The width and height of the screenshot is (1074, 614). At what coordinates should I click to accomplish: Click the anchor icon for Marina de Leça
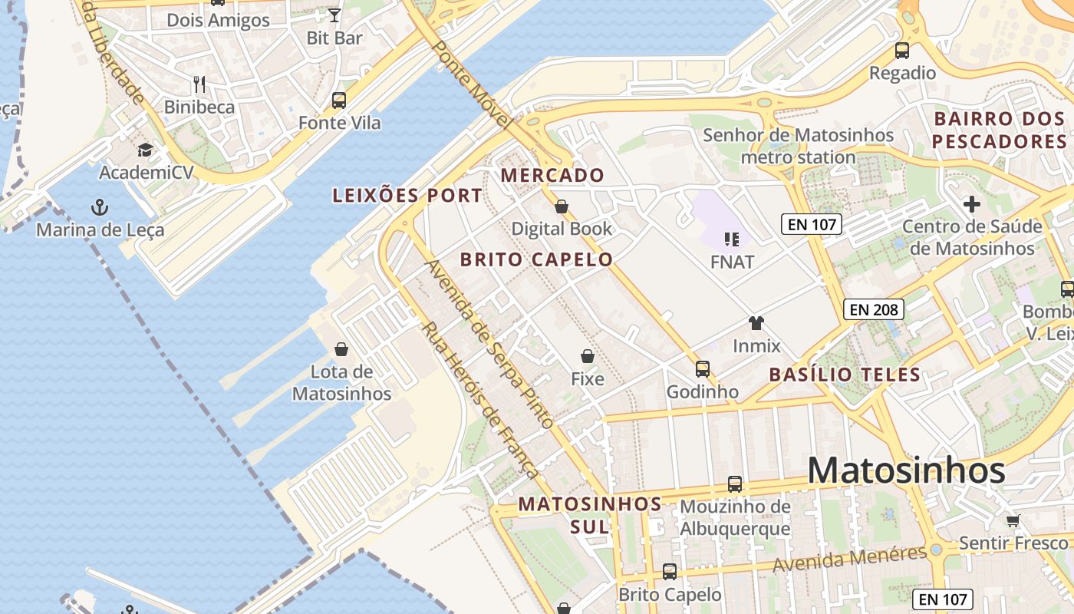click(99, 206)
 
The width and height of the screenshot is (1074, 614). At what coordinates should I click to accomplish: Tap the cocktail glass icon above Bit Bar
click(334, 15)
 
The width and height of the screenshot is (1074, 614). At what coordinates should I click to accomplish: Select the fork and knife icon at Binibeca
click(199, 84)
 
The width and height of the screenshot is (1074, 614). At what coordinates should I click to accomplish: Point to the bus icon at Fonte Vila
click(339, 100)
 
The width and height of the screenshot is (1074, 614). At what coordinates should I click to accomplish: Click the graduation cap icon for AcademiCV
click(146, 150)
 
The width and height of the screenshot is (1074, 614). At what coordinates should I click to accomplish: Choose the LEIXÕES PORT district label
click(407, 196)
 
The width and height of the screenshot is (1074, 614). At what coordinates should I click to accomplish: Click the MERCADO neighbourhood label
click(552, 176)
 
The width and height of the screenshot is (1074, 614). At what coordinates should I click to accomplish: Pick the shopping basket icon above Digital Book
click(562, 206)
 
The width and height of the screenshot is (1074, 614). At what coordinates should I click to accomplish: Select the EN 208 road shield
click(874, 310)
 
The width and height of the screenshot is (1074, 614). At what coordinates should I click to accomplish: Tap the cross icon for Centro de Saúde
click(972, 204)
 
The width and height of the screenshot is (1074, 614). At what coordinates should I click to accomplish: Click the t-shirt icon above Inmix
click(756, 323)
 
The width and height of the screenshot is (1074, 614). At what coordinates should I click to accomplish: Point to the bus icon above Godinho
click(703, 369)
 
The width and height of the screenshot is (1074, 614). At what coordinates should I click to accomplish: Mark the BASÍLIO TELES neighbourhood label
click(845, 375)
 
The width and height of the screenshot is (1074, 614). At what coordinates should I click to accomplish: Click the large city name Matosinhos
click(906, 470)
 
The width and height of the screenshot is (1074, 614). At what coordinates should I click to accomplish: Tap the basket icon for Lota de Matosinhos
click(341, 350)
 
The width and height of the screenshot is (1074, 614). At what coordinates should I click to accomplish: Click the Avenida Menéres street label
click(849, 559)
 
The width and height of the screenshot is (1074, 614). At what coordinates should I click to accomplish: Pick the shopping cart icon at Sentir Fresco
click(1013, 520)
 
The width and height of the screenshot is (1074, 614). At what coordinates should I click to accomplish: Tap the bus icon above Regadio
click(902, 51)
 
